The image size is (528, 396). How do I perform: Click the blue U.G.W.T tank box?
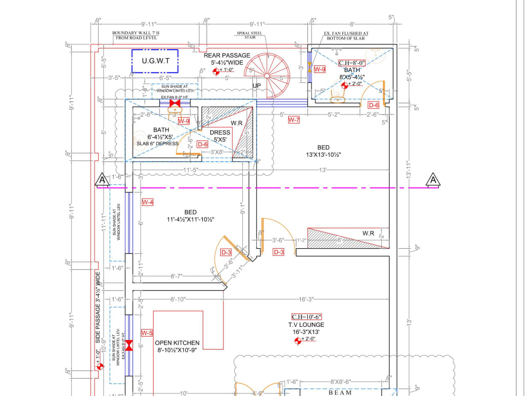point(155,61)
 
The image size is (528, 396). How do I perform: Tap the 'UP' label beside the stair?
point(257,86)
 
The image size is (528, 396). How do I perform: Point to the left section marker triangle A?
point(102,181)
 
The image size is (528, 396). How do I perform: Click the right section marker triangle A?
point(433,180)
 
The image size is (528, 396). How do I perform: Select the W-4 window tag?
point(147,202)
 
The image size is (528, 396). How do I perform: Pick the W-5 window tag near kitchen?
point(147,333)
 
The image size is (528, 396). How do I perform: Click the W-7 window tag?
point(294,120)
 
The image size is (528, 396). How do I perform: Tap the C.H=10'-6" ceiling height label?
point(306,317)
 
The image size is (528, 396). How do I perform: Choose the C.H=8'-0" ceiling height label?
point(352,63)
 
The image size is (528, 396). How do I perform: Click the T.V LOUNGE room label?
point(306,325)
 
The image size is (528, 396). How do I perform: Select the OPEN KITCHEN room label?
point(177,343)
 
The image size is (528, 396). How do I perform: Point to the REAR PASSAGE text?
point(227,55)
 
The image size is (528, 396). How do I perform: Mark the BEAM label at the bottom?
point(340,393)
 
